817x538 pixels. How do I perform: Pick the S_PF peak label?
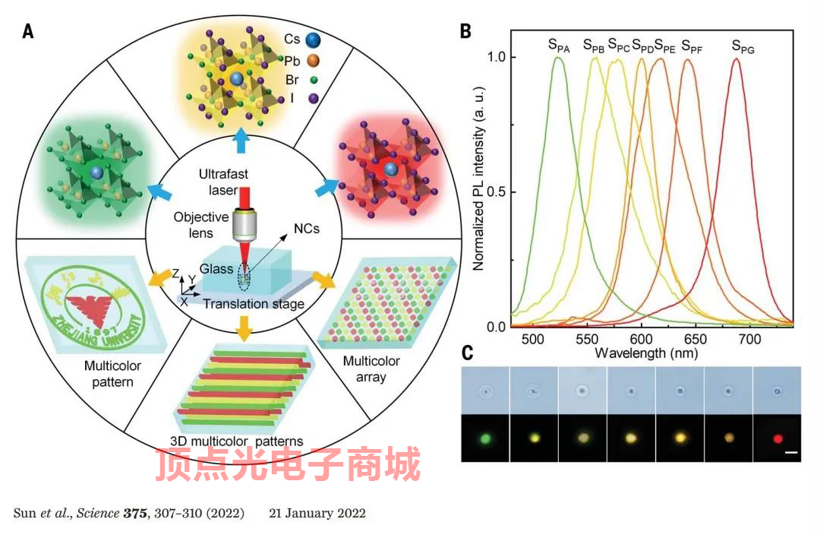point(691,46)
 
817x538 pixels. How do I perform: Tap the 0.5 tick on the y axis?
point(497,192)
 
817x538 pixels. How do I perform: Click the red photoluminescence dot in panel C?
point(776,438)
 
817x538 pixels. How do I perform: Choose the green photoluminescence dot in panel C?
point(486,438)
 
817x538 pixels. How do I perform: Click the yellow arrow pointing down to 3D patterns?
point(244,328)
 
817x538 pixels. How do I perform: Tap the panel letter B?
point(466,31)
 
